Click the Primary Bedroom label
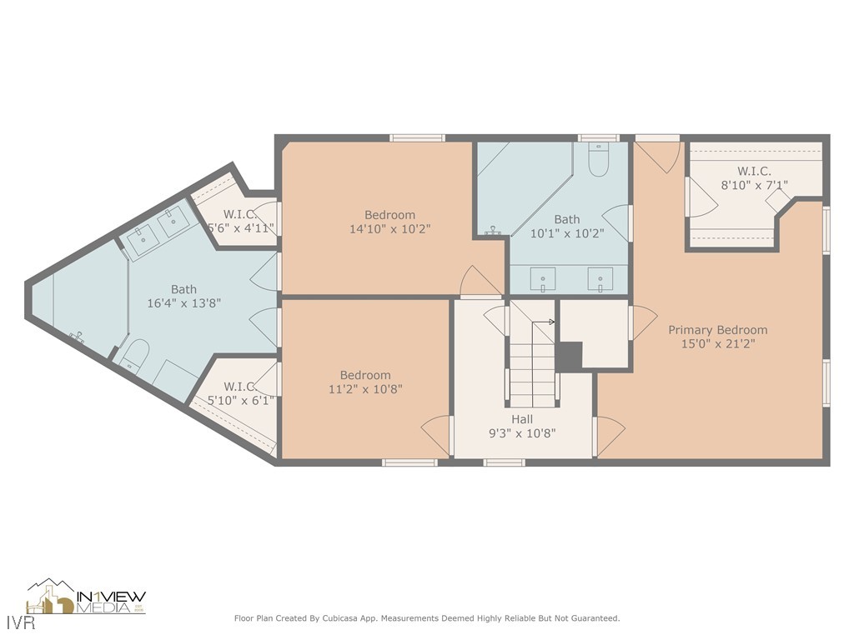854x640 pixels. point(717,330)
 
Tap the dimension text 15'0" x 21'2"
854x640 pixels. point(717,344)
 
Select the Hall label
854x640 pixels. point(522,419)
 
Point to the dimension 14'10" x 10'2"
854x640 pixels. point(389,228)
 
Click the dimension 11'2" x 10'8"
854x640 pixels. point(364,388)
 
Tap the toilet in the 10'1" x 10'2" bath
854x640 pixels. point(599,161)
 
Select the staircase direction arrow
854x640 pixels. point(550,322)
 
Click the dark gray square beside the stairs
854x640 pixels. point(569,357)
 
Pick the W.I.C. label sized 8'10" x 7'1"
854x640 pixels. point(754,171)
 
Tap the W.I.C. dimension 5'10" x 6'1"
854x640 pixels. point(239,400)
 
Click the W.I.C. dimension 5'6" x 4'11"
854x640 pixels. point(240,227)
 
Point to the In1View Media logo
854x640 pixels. point(86,597)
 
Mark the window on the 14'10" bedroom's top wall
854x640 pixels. point(417,138)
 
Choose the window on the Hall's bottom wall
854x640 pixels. point(504,462)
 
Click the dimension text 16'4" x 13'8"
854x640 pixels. point(183,303)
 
